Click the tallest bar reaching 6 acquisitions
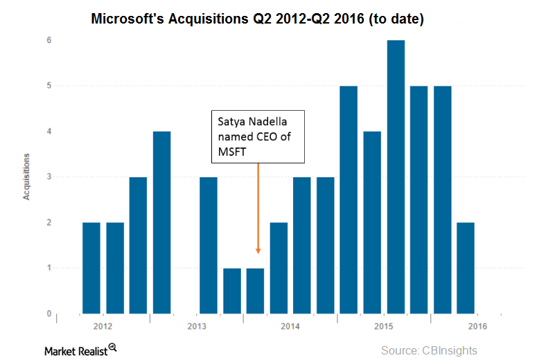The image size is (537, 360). [396, 177]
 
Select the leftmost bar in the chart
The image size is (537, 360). [91, 268]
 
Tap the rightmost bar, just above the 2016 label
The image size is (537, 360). [466, 268]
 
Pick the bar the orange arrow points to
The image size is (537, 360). [256, 291]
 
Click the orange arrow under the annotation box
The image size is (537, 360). [258, 208]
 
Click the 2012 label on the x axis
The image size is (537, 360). [103, 326]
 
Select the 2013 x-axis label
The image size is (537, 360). [197, 326]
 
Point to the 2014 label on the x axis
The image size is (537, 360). [290, 326]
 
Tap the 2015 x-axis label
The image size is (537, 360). [384, 326]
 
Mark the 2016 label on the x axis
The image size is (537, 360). [477, 326]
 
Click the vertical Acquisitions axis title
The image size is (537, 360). [26, 177]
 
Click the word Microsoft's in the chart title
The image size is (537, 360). [124, 20]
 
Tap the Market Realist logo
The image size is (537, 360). [80, 350]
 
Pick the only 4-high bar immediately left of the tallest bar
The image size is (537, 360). [372, 222]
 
